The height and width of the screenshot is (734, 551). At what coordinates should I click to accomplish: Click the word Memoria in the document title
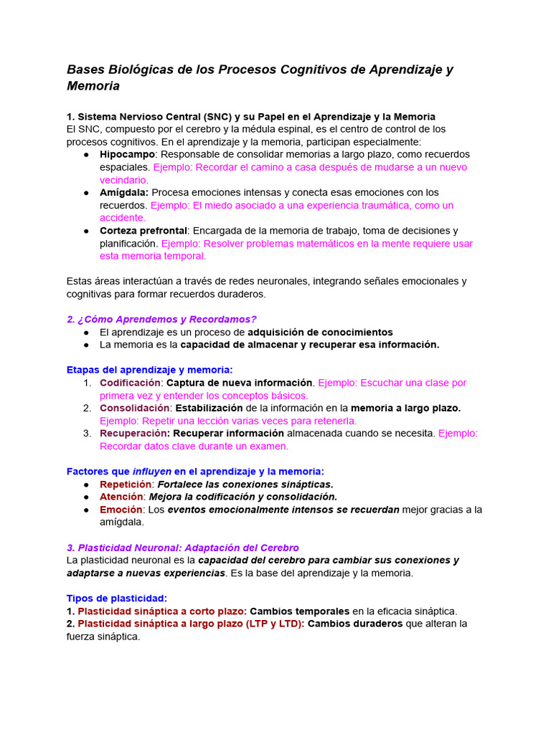click(93, 86)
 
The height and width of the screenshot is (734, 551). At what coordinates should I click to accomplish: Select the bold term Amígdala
click(124, 192)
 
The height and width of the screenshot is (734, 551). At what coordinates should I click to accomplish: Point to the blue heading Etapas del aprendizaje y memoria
click(149, 370)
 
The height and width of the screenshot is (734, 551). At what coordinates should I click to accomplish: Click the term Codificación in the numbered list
click(130, 383)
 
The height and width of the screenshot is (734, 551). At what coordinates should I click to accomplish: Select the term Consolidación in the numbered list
click(134, 408)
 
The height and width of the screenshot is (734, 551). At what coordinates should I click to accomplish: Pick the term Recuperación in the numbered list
click(133, 433)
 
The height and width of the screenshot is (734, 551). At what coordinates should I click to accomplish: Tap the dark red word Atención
click(121, 497)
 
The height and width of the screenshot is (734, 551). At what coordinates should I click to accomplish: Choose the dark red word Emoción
click(121, 510)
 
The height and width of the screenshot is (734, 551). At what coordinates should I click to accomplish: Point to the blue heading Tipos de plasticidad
click(116, 599)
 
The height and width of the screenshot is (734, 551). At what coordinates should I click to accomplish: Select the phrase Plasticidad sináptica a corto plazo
click(161, 611)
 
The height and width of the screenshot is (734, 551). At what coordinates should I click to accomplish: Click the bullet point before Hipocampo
click(85, 154)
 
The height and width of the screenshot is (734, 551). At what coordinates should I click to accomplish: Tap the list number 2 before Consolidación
click(86, 408)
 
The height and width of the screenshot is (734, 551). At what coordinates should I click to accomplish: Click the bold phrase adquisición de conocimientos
click(320, 332)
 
